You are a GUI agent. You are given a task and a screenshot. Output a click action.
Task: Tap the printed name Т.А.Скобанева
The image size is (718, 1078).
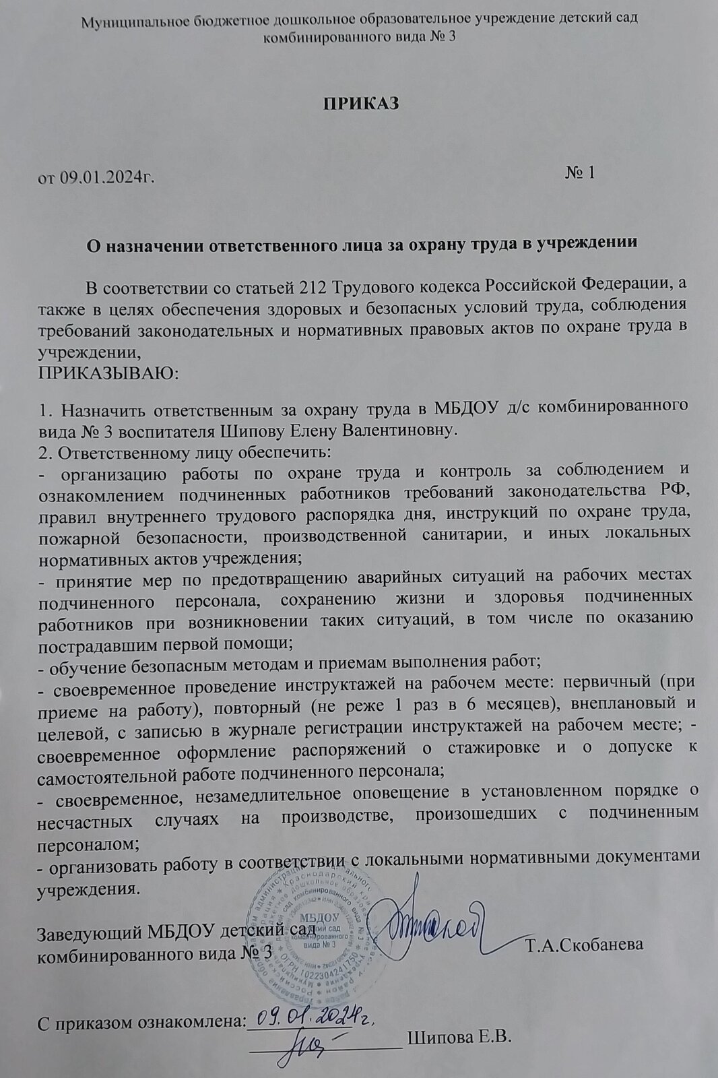pos(585,945)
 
